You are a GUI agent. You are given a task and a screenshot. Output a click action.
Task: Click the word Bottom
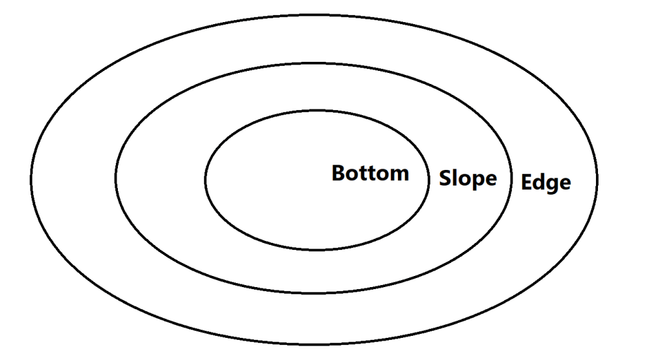click(370, 173)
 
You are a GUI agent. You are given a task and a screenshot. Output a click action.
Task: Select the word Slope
click(468, 178)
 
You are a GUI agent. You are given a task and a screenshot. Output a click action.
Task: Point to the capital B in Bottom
click(338, 173)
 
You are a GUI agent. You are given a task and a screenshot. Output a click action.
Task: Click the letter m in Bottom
click(399, 175)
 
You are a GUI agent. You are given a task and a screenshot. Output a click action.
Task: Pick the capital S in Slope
click(445, 178)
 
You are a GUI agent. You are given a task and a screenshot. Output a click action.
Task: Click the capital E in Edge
click(526, 182)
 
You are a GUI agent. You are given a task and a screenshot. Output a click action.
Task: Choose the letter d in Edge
click(539, 182)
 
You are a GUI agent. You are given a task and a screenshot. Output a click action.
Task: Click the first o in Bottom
click(353, 175)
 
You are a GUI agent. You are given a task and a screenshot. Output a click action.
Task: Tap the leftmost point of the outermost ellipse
click(31, 180)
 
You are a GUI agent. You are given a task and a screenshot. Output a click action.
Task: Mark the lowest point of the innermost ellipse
click(317, 249)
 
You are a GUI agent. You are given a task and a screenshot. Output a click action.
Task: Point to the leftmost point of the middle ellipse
click(115, 178)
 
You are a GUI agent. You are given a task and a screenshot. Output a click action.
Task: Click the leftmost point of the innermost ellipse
click(205, 180)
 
